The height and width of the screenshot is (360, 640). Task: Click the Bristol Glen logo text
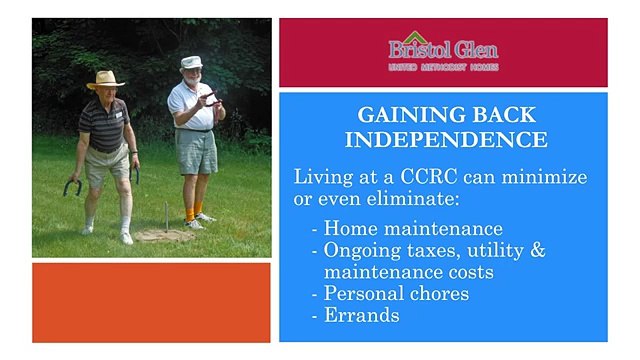(x=443, y=50)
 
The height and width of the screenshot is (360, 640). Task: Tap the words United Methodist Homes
(x=443, y=67)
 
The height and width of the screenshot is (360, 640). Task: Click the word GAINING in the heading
(x=403, y=114)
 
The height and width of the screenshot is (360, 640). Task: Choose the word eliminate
(x=373, y=200)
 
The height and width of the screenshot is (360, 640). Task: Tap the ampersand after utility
(x=537, y=249)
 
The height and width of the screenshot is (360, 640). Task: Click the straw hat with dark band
(x=105, y=79)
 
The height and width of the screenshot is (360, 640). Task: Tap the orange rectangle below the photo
(x=151, y=303)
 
